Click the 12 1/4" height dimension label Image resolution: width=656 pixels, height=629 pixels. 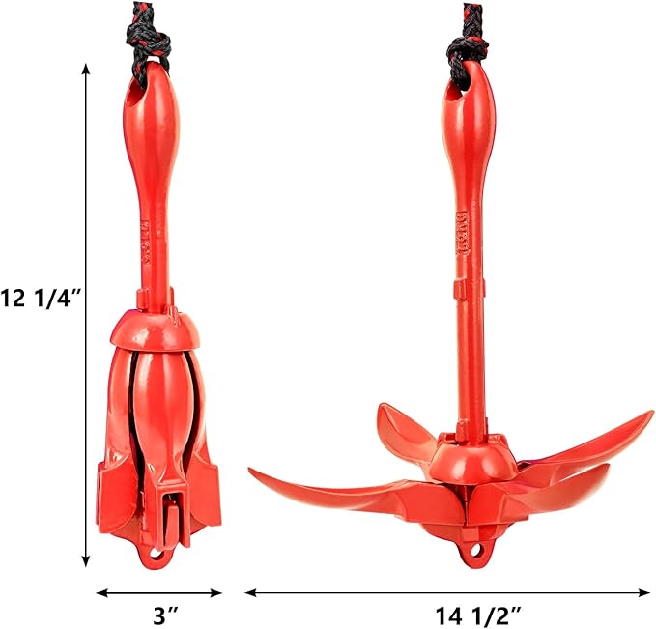pyautogui.click(x=41, y=300)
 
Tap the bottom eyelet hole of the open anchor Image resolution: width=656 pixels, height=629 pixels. pyautogui.click(x=474, y=554)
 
